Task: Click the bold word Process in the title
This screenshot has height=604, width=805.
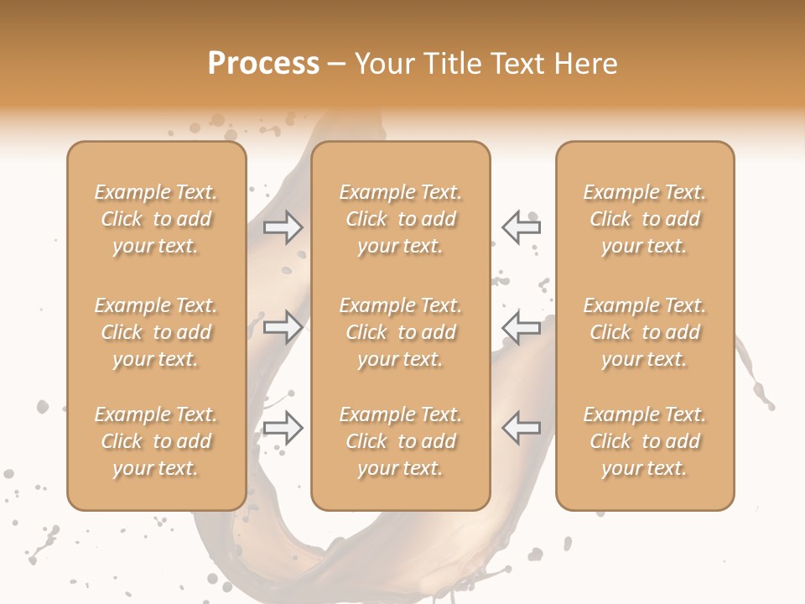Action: pos(263,64)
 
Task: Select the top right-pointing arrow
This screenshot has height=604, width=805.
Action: pos(283,227)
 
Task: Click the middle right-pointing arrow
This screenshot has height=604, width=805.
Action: pos(283,327)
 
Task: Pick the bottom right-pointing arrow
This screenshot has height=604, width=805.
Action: pos(283,428)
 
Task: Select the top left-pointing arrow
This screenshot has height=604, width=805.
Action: pos(522,227)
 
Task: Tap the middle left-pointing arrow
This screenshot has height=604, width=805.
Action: pos(522,327)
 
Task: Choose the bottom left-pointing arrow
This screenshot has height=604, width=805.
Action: pos(522,428)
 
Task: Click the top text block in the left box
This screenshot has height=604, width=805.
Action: pos(156,219)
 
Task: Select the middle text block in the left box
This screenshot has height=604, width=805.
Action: pos(156,332)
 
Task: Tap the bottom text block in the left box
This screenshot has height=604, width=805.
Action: pos(156,441)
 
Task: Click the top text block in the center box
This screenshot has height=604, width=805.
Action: pos(401,219)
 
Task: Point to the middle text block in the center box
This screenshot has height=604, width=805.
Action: pos(401,332)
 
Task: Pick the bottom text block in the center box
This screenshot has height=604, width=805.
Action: pos(401,441)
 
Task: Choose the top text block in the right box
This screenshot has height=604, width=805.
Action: pos(645,219)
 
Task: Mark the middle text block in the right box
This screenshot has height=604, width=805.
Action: pos(645,332)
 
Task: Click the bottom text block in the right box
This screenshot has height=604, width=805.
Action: pos(645,441)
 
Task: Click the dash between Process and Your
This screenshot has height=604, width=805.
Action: pos(336,65)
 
